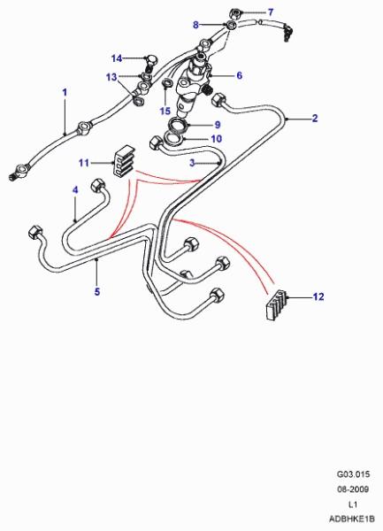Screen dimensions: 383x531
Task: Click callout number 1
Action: coord(65,92)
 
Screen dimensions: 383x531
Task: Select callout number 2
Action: coord(315,119)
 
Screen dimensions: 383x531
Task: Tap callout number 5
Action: coord(97,291)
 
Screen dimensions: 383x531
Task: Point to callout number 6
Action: coord(239,75)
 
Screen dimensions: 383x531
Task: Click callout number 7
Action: coord(271,12)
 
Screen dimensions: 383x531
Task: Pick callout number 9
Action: coord(218,125)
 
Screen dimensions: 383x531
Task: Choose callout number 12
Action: coord(318,296)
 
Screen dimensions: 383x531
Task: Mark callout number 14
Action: coord(117,58)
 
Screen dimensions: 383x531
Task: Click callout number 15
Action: coord(165,111)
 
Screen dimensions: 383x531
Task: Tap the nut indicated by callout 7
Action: coord(234,14)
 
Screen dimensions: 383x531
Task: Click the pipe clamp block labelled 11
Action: coord(124,161)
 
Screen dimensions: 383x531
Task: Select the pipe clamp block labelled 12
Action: coord(277,304)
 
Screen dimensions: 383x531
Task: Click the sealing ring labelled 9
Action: coord(179,126)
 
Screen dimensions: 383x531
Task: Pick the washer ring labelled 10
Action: coord(173,139)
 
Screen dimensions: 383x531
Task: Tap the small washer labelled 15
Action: coord(166,82)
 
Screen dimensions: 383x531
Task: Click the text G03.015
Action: coord(353,474)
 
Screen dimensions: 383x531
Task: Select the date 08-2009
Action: coord(353,489)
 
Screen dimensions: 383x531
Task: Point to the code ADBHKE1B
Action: coord(352,519)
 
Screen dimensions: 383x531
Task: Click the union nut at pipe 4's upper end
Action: coord(98,186)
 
